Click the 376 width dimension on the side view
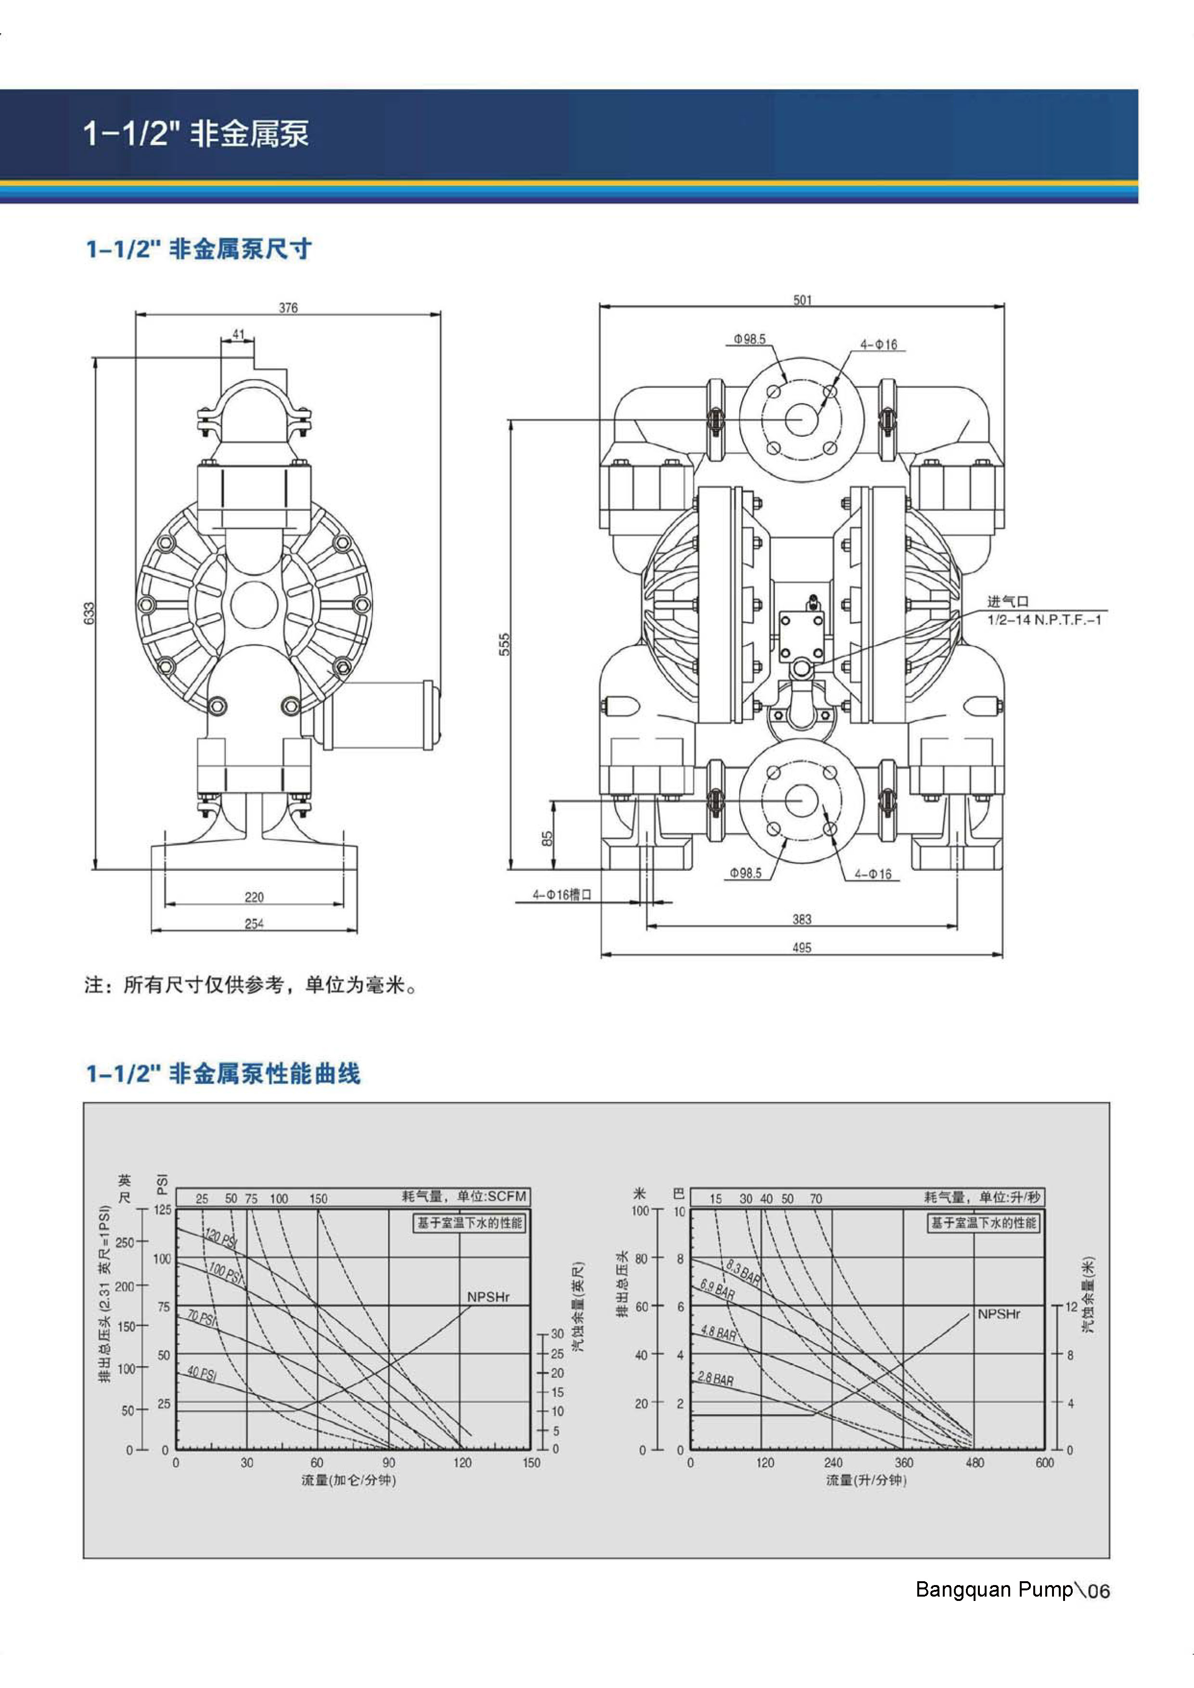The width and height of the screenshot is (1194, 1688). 288,307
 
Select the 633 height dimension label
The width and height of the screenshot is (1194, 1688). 89,613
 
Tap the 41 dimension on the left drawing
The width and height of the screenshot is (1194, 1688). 238,334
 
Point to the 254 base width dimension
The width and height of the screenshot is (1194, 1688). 254,924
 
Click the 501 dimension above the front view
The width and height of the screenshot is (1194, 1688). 803,300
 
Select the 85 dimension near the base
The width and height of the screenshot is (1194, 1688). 547,839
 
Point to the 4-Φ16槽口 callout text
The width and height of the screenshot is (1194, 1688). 562,895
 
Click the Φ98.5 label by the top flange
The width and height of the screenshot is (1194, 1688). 749,339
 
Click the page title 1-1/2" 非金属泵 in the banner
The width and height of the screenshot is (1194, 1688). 196,134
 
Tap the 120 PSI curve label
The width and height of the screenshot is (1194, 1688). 221,1239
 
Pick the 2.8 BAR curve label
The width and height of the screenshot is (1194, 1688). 716,1379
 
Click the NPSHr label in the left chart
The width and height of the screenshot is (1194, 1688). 488,1297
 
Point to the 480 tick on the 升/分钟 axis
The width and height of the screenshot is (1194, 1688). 974,1462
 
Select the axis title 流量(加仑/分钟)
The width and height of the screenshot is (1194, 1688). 349,1480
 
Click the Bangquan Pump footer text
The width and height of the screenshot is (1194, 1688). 994,1589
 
